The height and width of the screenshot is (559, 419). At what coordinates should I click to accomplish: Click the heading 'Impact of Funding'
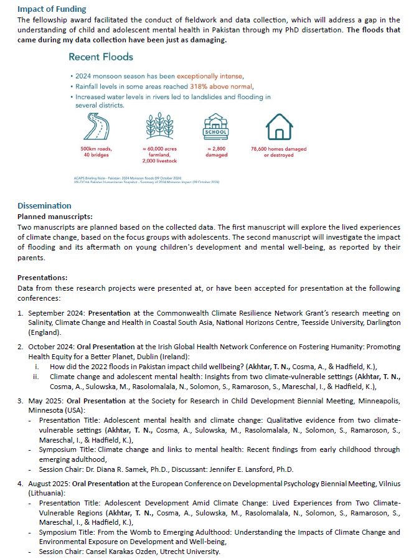click(52, 9)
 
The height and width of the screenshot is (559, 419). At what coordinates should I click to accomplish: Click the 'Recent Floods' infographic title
click(101, 57)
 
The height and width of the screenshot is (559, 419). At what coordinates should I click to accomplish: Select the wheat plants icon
click(156, 127)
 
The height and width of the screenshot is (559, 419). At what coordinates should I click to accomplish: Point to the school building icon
click(216, 127)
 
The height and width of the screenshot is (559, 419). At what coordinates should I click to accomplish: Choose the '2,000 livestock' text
click(156, 161)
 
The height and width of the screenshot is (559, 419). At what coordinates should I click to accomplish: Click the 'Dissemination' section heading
click(44, 206)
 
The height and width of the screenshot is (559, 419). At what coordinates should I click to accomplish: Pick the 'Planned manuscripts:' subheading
click(55, 216)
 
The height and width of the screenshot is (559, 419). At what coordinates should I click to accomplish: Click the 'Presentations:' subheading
click(42, 277)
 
